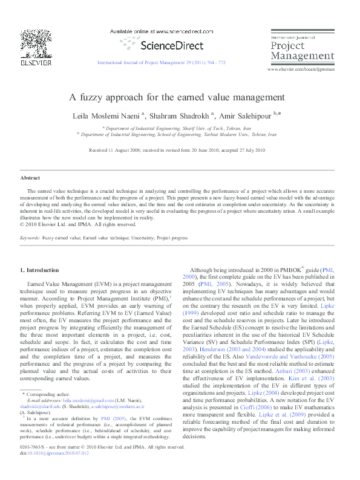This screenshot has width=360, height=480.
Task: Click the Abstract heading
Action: click(30, 178)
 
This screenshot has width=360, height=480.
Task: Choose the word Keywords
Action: click(30, 239)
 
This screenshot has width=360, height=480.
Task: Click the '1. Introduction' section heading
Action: click(40, 270)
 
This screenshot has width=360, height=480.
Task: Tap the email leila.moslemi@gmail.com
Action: click(88, 400)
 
